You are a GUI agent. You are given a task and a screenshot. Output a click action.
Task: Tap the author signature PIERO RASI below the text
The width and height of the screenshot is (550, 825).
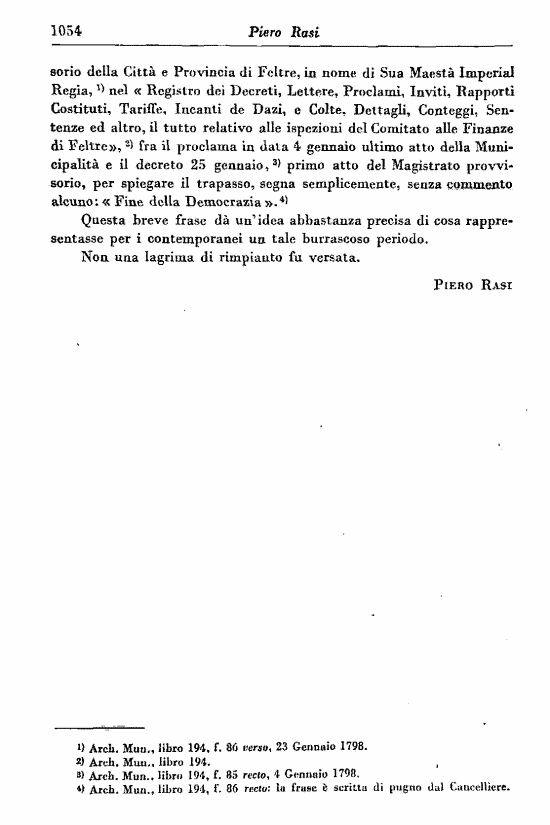473,285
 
